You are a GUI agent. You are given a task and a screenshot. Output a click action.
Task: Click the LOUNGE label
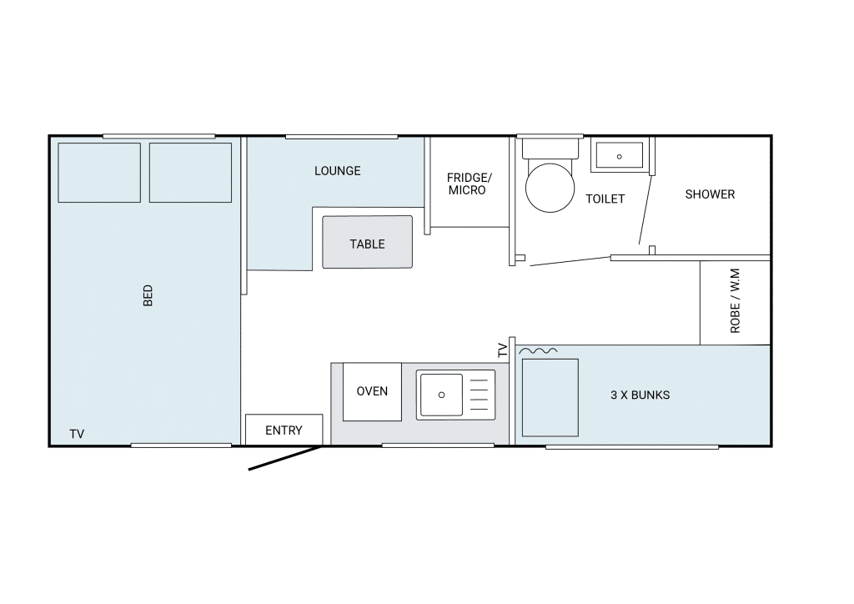[x=337, y=171]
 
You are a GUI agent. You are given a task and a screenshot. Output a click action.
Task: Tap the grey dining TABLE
[x=367, y=242]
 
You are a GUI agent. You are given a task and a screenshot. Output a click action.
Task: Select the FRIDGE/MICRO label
[x=469, y=184]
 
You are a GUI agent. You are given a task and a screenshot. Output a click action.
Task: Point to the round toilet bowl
[x=550, y=188]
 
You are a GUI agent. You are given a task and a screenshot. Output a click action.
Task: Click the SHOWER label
[x=710, y=194]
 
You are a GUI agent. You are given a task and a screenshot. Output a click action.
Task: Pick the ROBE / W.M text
[x=735, y=300]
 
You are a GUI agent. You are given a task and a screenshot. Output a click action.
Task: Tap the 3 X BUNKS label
[x=640, y=395]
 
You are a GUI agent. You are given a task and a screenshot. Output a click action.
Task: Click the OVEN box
[x=372, y=391]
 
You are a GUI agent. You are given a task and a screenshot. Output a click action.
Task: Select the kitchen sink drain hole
[x=442, y=395]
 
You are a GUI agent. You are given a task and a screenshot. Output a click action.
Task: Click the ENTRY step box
[x=284, y=430]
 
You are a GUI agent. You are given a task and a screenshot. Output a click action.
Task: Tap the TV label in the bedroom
[x=77, y=434]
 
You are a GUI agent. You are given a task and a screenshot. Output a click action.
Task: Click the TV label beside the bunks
[x=502, y=350]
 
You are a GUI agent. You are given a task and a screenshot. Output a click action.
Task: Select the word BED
[x=148, y=295]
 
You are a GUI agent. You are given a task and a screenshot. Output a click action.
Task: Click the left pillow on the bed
[x=99, y=173]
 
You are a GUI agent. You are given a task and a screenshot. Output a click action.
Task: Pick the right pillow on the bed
[x=191, y=173]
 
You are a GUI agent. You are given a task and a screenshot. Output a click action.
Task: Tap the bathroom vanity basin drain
[x=620, y=157]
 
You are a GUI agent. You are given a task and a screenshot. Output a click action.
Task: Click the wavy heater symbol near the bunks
[x=538, y=351]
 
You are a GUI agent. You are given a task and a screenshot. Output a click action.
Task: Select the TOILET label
[x=605, y=199]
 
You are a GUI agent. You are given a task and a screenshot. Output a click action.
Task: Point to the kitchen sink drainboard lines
[x=479, y=395]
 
